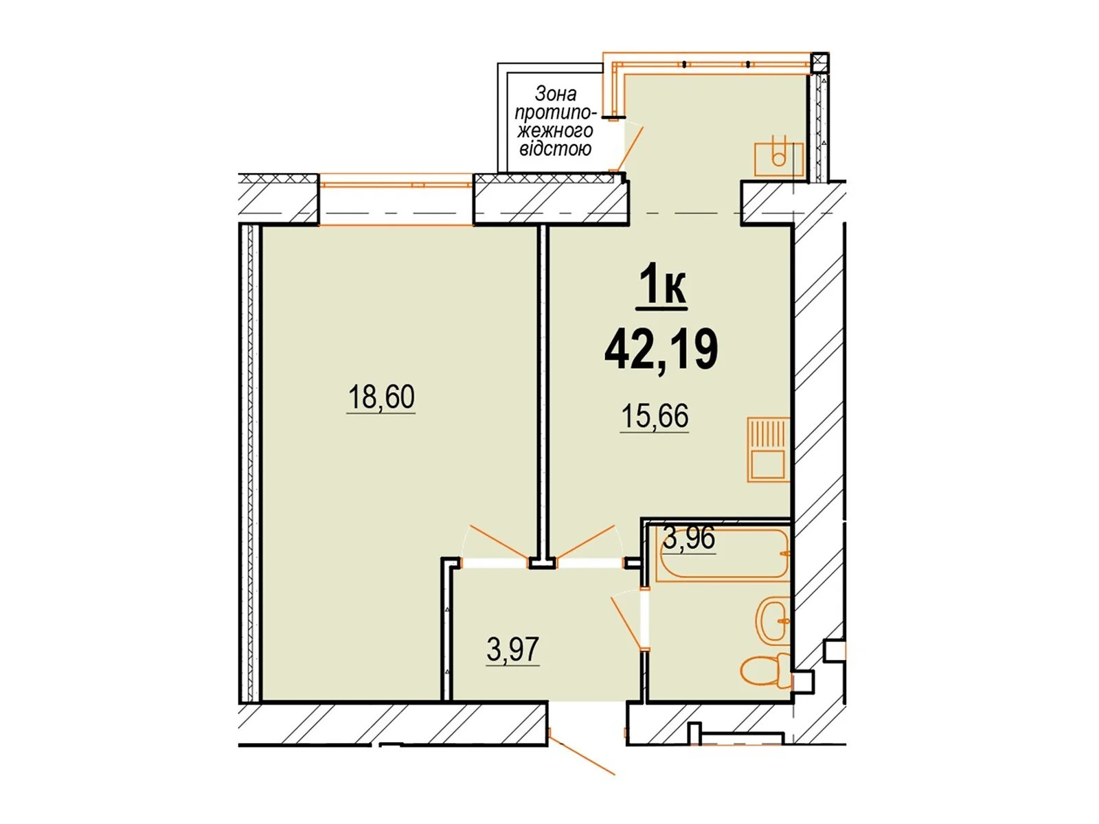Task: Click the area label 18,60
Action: coord(381,398)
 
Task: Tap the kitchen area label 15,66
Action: coord(655,415)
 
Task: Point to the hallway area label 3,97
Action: coord(512,650)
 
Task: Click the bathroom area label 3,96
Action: coord(689,538)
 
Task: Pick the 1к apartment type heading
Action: coord(661,288)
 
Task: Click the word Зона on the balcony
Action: coord(556,93)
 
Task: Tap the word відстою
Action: coord(555,149)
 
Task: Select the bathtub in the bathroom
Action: coord(723,555)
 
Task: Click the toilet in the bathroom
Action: coord(764,670)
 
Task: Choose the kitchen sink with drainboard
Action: coord(768,450)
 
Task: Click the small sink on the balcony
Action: coord(778,156)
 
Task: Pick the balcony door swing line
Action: coord(630,149)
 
